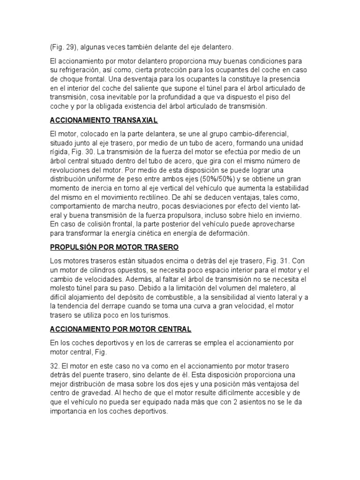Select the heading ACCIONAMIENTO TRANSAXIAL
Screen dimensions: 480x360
pos(103,120)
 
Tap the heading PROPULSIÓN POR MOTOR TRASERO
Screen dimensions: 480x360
pos(114,247)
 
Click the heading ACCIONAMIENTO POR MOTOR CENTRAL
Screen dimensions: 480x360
pos(120,330)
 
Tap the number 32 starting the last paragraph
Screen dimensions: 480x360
pos(53,365)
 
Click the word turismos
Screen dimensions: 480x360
pos(141,315)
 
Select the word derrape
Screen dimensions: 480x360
pos(99,306)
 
